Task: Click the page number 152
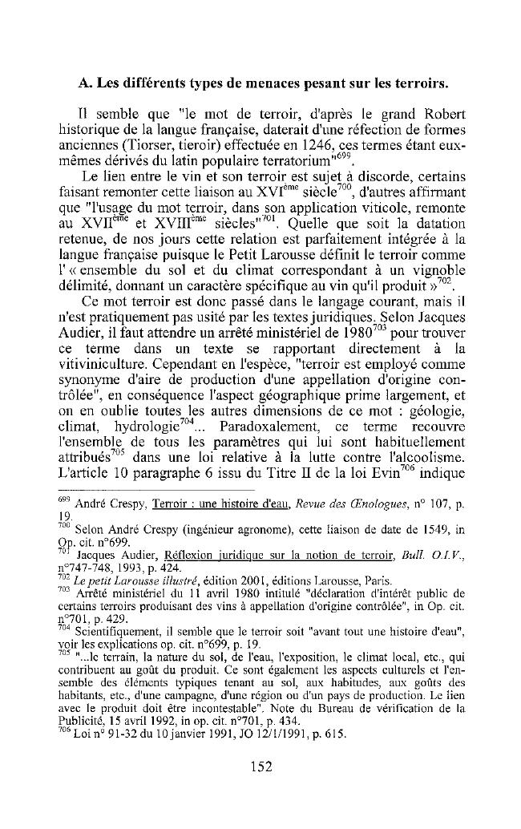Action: (260, 766)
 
